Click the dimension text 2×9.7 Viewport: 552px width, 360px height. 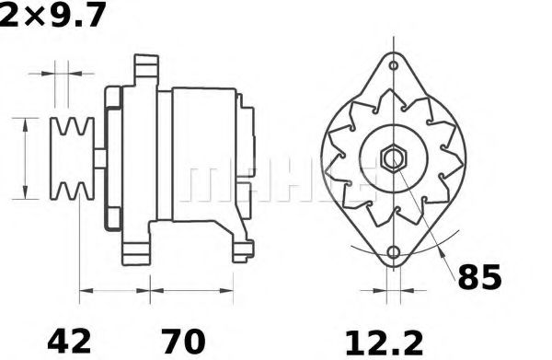pyautogui.click(x=52, y=16)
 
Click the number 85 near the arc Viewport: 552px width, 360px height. pyautogui.click(x=480, y=276)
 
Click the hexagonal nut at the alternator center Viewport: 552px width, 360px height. pyautogui.click(x=393, y=157)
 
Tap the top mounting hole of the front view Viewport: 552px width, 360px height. pyautogui.click(x=393, y=67)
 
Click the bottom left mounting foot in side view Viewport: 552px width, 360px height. pyautogui.click(x=138, y=249)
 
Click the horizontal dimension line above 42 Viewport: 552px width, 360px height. pyautogui.click(x=115, y=295)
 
